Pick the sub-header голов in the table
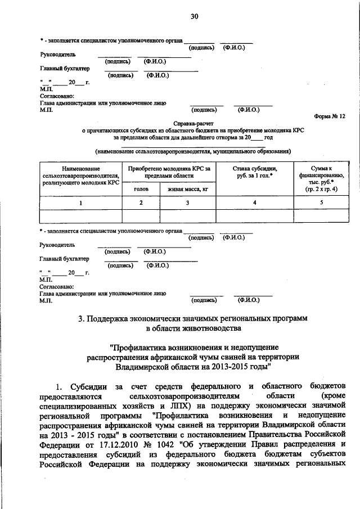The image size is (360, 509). [x=141, y=190]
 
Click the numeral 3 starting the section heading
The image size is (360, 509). [x=81, y=318]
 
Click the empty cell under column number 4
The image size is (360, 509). [x=255, y=217]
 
